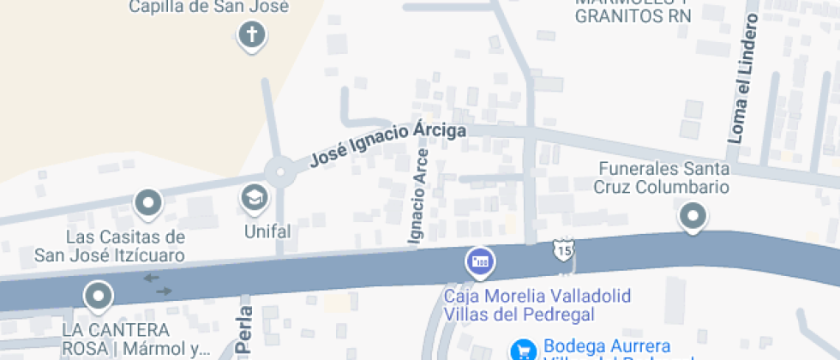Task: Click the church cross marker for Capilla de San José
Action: (x=251, y=35)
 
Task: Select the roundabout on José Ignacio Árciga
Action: (x=279, y=173)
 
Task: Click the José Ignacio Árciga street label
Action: (x=388, y=143)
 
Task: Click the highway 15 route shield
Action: (x=562, y=250)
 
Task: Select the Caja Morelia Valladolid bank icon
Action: (x=478, y=261)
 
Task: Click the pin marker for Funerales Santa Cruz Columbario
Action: (x=693, y=215)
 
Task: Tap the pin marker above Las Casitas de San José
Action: (x=148, y=203)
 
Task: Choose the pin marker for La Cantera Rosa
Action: (x=99, y=296)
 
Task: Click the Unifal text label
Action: (x=267, y=231)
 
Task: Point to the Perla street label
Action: (x=245, y=330)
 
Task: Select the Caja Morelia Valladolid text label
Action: (x=537, y=305)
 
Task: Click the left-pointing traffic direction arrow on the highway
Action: (x=150, y=277)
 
